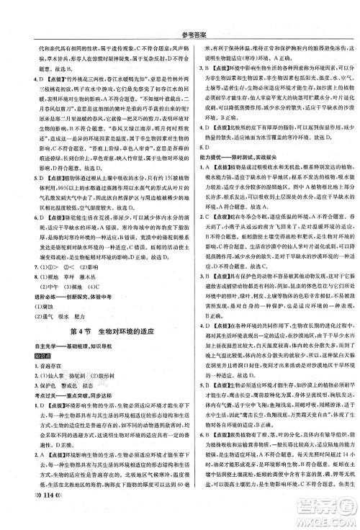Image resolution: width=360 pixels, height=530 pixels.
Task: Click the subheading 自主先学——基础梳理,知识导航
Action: [x=63, y=344]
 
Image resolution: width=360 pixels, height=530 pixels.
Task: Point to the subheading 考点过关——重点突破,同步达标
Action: [x=63, y=395]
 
